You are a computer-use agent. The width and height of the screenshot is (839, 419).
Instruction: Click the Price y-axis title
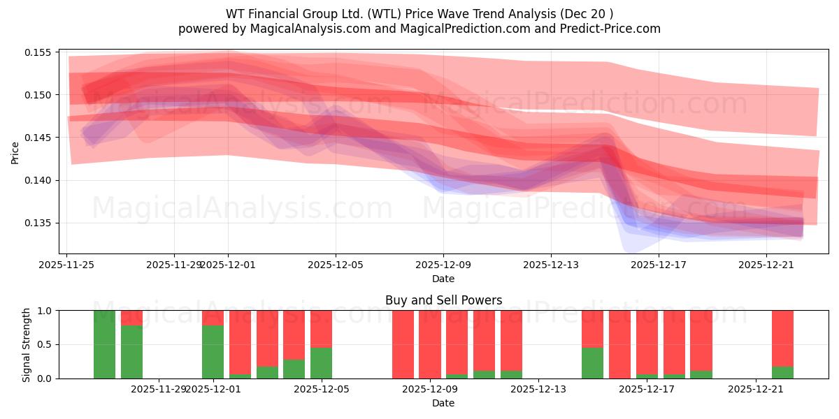point(15,152)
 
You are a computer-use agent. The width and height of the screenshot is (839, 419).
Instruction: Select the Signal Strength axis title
point(27,344)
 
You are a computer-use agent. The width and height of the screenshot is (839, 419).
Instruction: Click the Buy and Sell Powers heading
point(443,300)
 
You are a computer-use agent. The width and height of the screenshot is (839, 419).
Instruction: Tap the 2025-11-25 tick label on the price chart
point(67,265)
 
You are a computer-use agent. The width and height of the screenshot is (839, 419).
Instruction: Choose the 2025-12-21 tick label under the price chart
point(766,265)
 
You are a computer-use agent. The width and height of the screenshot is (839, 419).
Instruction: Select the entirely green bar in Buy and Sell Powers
point(105,344)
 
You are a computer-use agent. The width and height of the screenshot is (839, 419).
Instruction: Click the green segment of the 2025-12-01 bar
point(213,352)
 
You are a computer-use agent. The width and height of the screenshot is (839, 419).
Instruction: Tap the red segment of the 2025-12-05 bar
point(321,328)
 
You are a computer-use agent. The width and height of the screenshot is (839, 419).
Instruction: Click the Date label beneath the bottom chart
point(443,403)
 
